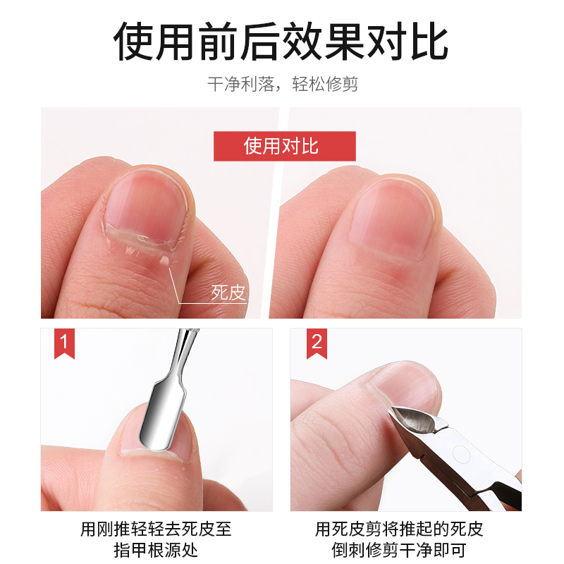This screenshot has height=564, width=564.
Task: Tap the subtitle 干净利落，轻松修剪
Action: [282, 85]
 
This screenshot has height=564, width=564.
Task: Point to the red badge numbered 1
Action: [64, 343]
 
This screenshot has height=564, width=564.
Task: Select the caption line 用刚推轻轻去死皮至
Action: [156, 527]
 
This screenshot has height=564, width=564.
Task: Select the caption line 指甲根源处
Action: [156, 549]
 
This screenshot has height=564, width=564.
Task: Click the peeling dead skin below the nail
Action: [141, 243]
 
